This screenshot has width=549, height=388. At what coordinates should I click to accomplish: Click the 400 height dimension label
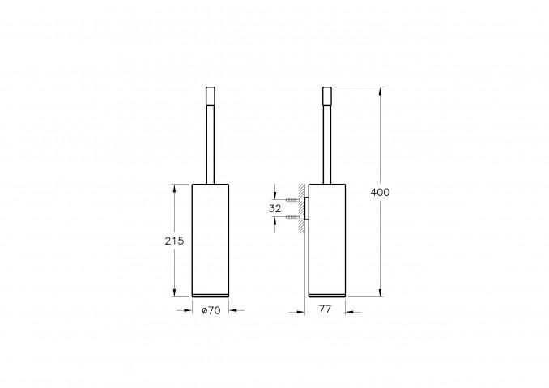tap(380, 192)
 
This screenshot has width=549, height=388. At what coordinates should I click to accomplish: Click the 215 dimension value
tap(174, 241)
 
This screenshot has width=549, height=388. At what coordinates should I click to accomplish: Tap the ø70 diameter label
tap(211, 310)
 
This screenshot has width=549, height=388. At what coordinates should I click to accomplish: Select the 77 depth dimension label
tap(325, 309)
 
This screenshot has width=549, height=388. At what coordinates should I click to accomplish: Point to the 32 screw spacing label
tap(274, 209)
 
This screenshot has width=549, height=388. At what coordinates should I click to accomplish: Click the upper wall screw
tap(292, 199)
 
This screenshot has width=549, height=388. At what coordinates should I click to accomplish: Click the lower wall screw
tap(292, 217)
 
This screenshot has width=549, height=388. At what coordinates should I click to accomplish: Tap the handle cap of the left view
tap(210, 96)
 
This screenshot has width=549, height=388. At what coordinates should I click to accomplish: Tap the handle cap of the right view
tap(327, 96)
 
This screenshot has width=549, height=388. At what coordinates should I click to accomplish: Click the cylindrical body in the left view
tap(211, 241)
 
